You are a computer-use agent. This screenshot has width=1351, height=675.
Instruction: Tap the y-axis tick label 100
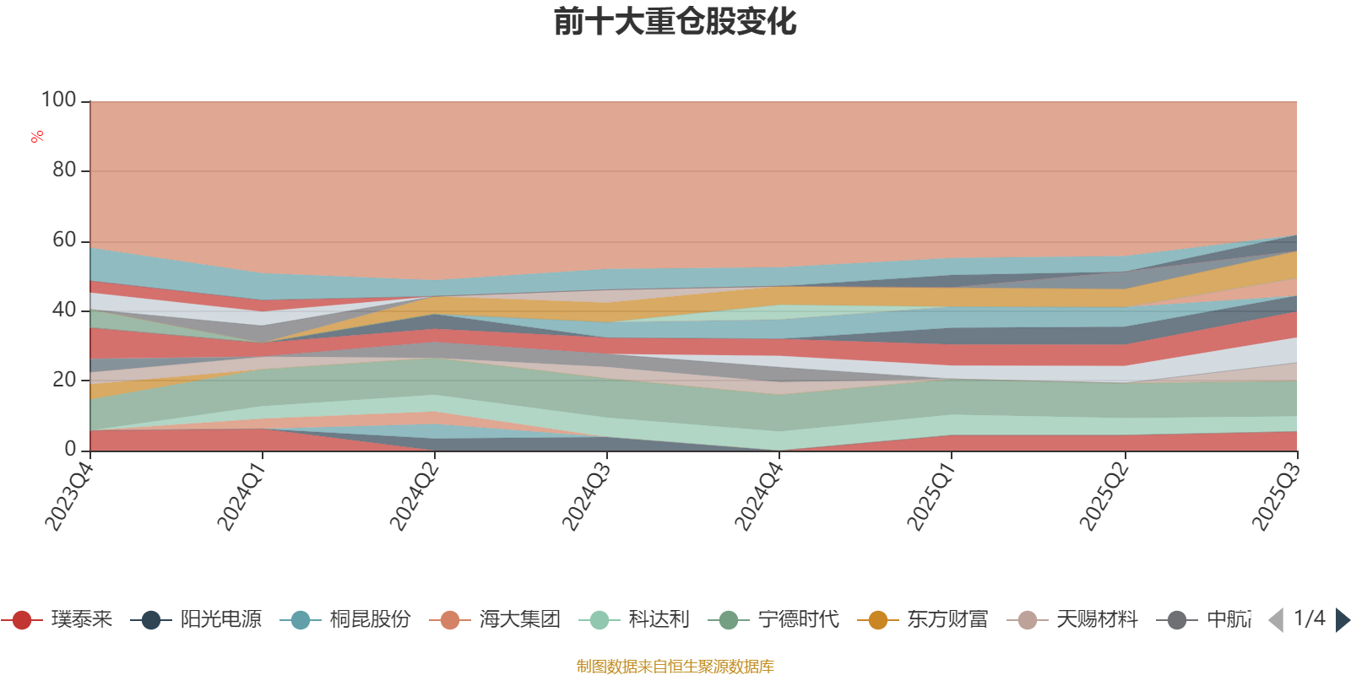tap(59, 100)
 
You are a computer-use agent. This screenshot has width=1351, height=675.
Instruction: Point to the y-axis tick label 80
tap(64, 170)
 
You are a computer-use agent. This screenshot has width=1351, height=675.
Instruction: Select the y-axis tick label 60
tap(64, 240)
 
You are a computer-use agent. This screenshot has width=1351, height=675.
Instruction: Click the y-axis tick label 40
tap(64, 310)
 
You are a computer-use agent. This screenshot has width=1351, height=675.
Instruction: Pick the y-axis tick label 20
tap(64, 380)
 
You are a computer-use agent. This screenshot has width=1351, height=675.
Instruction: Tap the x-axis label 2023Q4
tap(68, 492)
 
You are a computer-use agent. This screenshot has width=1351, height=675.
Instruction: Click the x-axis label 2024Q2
tap(413, 492)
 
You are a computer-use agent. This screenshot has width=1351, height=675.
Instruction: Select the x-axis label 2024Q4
tap(757, 492)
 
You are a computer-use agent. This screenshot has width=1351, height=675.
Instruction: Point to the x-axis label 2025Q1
tap(931, 492)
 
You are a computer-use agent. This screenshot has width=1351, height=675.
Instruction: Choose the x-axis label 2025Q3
tap(1275, 492)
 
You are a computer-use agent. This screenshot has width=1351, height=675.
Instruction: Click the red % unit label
tap(37, 137)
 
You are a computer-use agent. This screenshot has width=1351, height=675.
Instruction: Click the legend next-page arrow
tap(1342, 620)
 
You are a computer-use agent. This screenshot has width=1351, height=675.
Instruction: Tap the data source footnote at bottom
tap(675, 667)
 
